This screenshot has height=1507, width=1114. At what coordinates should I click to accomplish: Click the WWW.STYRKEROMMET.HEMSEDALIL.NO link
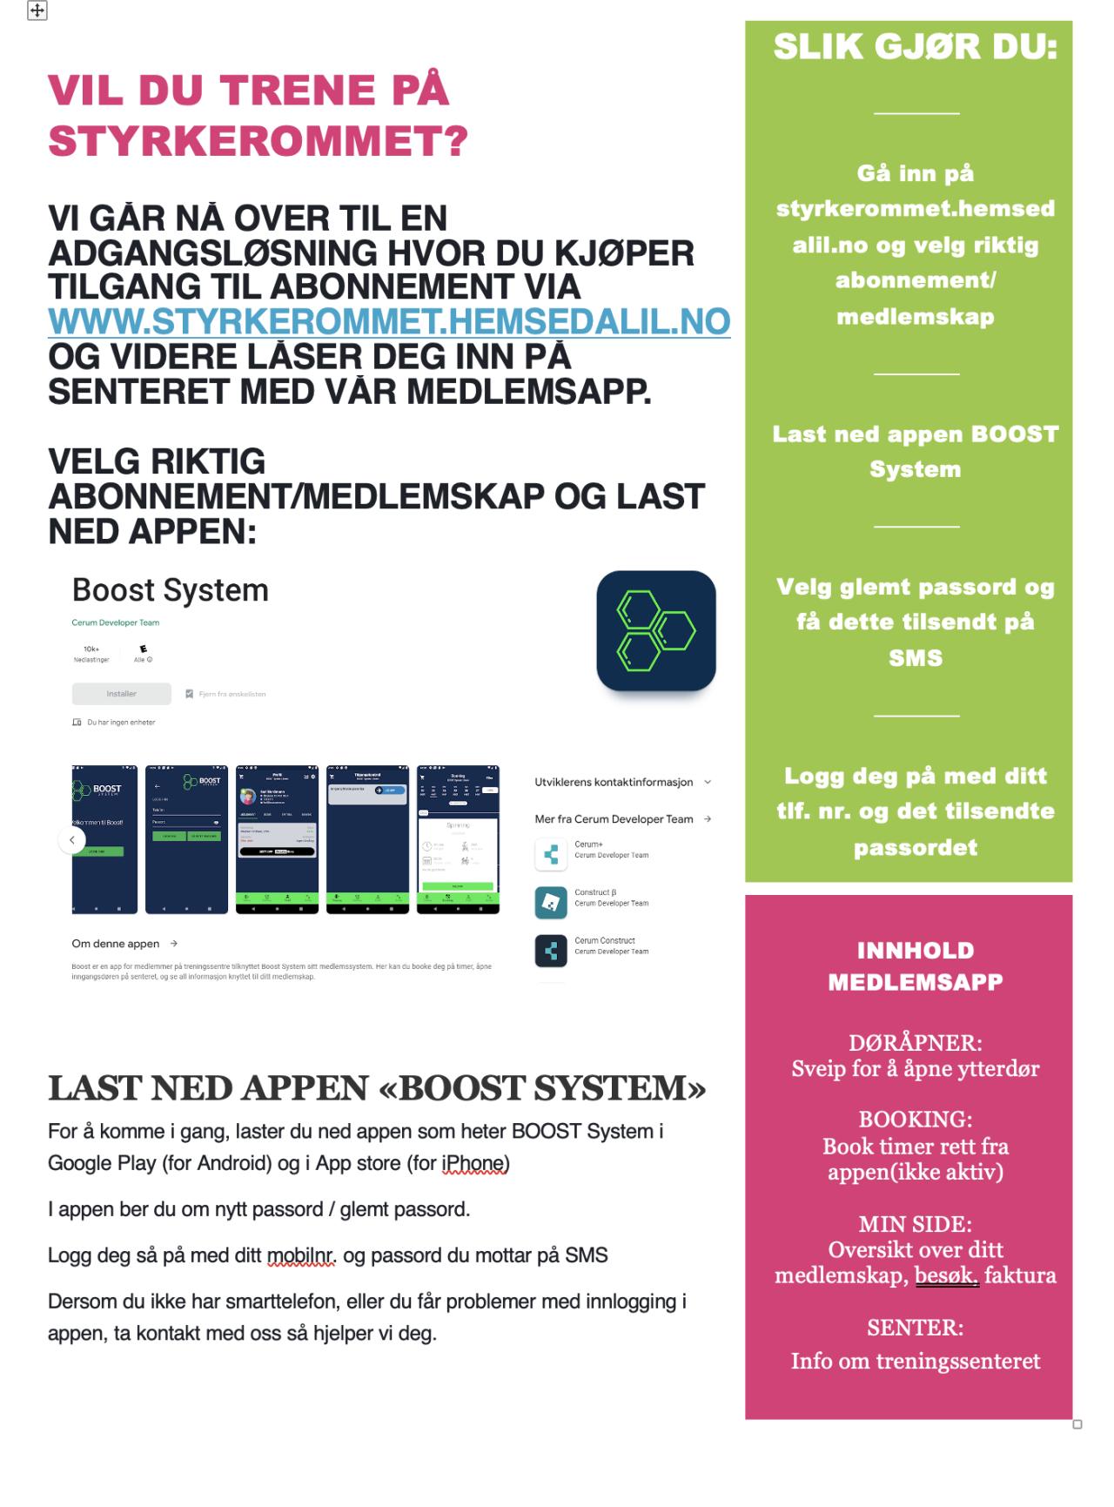[388, 322]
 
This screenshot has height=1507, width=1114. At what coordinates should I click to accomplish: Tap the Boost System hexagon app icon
[655, 630]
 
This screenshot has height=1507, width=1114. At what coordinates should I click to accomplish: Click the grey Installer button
[121, 694]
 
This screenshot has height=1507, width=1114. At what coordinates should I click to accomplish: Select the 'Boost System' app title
[170, 590]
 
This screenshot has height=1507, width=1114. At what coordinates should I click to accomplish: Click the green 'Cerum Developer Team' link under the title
[115, 622]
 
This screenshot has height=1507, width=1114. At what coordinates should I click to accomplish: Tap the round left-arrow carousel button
[72, 840]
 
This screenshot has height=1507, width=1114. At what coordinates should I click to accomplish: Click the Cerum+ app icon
[550, 854]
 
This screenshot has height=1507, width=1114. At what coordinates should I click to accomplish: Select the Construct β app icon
[550, 903]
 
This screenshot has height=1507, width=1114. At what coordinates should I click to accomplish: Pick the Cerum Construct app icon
[550, 951]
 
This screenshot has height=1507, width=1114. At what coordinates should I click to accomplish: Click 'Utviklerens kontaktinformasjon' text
[614, 782]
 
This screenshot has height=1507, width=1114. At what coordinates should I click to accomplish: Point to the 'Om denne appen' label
[116, 944]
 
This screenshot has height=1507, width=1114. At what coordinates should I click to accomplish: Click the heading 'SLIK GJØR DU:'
[916, 47]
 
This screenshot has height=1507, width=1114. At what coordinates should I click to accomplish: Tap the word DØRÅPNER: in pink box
[915, 1042]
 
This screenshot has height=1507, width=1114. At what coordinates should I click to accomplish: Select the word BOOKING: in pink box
[915, 1119]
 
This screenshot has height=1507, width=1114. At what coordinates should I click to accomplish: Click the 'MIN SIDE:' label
[915, 1224]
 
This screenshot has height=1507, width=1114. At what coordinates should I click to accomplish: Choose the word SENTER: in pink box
[915, 1328]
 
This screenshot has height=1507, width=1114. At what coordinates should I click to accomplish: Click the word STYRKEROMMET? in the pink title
[258, 141]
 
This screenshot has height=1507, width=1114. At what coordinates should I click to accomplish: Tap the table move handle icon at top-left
[37, 10]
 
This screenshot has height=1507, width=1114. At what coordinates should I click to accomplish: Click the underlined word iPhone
[473, 1163]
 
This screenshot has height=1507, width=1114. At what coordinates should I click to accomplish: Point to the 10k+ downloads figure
[91, 649]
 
